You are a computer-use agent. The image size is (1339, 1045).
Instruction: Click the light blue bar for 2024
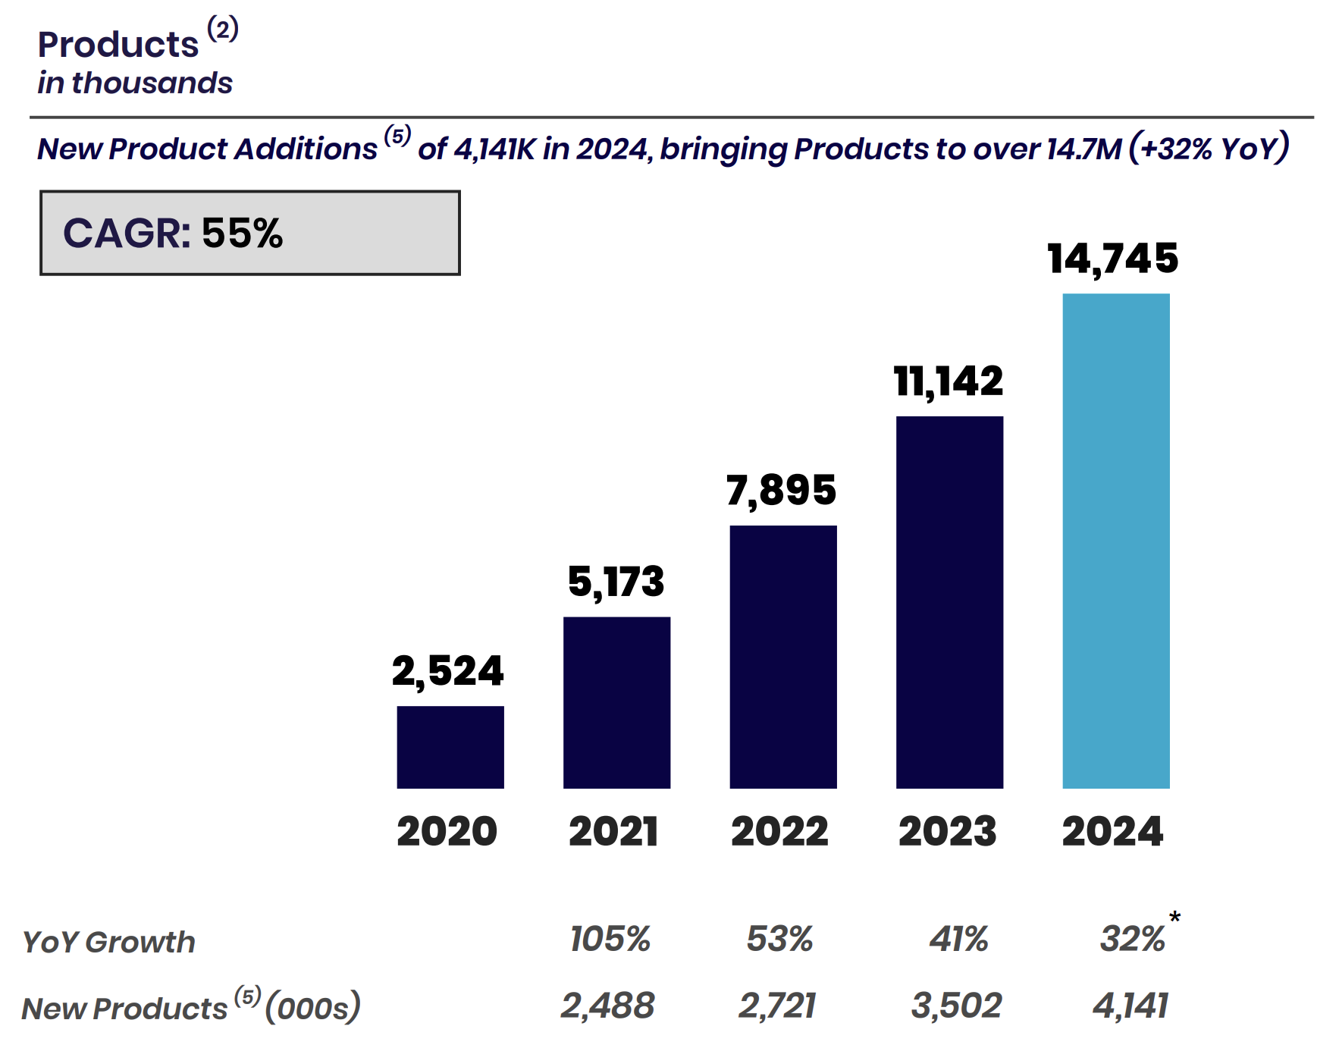coord(1115,541)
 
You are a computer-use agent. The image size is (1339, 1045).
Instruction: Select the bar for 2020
coord(450,747)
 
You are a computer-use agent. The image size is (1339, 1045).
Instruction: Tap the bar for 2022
coord(783,657)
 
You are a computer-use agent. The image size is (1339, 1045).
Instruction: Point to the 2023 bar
coord(949,602)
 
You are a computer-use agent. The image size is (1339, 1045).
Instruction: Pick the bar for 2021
coord(616,702)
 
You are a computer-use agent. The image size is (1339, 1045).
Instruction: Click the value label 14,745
coord(1112,259)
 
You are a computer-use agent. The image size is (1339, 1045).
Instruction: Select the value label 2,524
coord(447,671)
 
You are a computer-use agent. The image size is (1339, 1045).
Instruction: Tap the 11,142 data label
coord(948,381)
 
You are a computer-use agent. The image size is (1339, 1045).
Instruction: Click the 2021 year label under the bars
coord(613,831)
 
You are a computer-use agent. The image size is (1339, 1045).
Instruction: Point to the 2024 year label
coord(1112,831)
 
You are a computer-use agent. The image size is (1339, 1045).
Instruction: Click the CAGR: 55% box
coord(249,233)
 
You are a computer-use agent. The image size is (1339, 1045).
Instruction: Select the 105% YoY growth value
coord(610,939)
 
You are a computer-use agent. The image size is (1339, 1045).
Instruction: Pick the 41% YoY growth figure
coord(958,939)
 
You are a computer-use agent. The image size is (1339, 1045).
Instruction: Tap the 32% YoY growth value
coord(1131,939)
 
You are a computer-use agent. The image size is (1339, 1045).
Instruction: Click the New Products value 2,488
coord(607,1006)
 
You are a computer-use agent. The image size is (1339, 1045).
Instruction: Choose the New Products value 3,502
coord(956,1006)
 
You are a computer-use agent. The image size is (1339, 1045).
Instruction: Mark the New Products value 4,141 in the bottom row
coord(1130,1006)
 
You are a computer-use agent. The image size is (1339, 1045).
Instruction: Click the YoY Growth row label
coord(108,942)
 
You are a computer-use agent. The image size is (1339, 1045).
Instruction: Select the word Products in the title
coord(118,45)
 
